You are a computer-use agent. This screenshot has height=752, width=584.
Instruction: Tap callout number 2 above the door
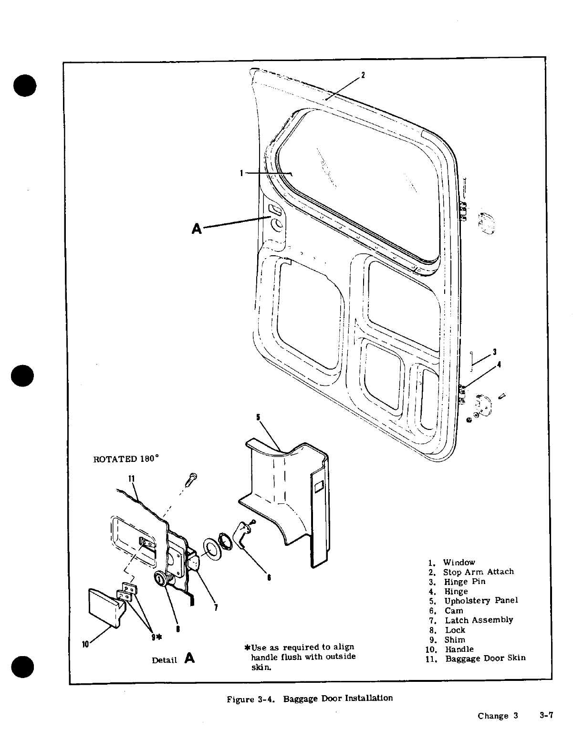[363, 75]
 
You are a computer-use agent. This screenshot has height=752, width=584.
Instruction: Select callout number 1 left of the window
[242, 173]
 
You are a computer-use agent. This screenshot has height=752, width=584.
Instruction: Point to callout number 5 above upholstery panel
[258, 417]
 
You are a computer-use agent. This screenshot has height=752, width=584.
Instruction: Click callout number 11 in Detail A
[131, 478]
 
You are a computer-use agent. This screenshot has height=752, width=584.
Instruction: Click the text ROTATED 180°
[125, 459]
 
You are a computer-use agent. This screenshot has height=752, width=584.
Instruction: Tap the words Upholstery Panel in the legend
[481, 600]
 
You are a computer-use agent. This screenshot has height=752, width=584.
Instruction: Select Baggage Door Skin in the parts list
[485, 658]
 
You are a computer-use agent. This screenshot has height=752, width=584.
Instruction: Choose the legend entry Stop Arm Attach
[478, 572]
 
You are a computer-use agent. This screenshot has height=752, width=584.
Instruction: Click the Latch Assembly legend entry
[479, 620]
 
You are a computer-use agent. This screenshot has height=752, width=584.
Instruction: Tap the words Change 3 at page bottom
[498, 716]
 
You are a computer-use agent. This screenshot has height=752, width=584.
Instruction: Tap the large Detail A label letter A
[189, 658]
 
